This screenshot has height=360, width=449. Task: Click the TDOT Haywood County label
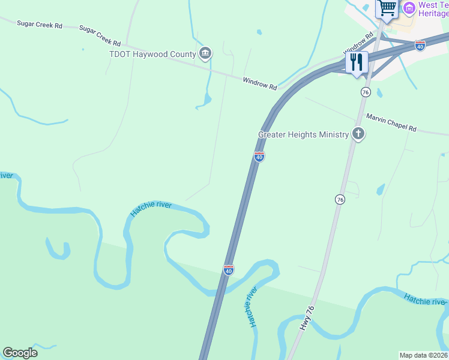152,55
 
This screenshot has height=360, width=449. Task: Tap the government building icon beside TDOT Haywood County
205,54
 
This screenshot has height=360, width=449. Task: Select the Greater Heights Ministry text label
303,134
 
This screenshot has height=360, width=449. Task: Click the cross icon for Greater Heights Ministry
358,134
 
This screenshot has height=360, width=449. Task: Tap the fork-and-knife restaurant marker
357,62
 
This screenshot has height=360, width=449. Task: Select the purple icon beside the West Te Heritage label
409,8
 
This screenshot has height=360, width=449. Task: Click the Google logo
20,353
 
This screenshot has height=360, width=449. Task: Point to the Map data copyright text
424,355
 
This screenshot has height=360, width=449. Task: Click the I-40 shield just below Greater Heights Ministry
259,157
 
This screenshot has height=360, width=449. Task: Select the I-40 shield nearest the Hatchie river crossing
229,270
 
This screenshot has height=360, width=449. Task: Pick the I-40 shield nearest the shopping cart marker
420,46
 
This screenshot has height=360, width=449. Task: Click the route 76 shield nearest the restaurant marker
365,92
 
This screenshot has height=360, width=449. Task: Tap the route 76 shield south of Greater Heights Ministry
340,199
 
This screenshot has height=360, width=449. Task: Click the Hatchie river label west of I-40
151,209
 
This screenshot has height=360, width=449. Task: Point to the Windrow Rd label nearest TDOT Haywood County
259,83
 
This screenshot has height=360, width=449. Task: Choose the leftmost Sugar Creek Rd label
40,25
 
